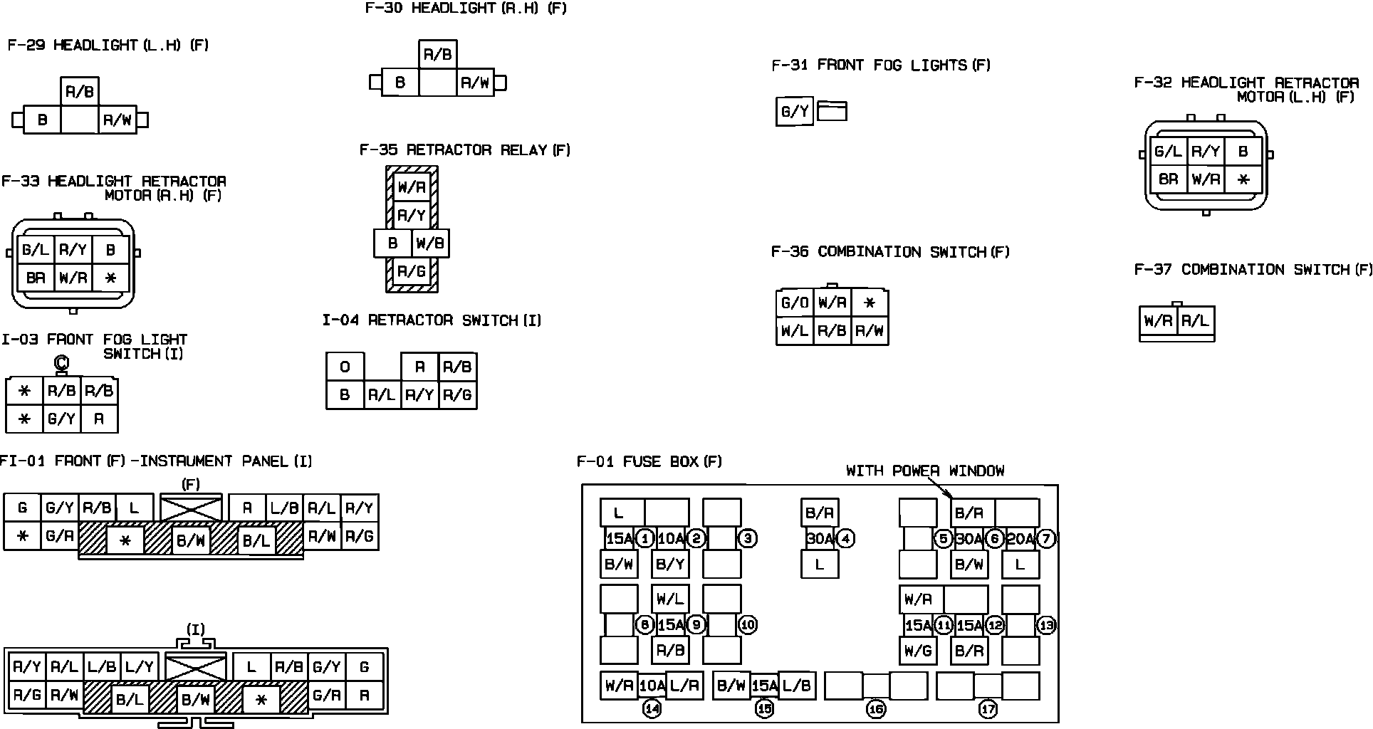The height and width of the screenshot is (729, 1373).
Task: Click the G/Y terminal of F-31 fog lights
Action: point(794,112)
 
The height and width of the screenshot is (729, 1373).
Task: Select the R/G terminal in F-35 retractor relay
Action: point(411,271)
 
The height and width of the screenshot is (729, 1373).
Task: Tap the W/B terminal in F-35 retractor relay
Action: point(430,243)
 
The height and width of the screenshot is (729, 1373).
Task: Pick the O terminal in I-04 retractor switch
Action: point(345,367)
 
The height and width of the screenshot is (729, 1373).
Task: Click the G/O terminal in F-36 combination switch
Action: point(794,303)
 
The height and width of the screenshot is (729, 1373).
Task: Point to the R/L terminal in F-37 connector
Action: point(1195,321)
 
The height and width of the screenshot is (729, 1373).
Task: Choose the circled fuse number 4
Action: point(845,539)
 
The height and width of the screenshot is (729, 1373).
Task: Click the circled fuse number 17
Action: point(988,709)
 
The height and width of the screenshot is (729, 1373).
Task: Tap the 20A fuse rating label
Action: point(1020,539)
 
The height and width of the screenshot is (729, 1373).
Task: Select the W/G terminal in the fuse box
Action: point(917,651)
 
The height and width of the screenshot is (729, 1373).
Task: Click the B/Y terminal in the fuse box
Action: point(669,565)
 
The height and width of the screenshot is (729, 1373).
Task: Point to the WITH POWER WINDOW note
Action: point(925,471)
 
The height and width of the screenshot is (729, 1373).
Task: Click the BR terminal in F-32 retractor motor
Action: point(1168,179)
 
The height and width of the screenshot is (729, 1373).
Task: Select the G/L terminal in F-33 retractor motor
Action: point(35,250)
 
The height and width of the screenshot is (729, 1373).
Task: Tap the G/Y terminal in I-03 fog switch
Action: point(61,419)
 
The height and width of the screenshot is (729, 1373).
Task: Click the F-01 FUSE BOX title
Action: point(649,461)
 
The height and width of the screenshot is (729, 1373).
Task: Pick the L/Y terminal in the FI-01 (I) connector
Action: point(139,667)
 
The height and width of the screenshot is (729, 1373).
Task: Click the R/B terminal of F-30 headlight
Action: point(437,55)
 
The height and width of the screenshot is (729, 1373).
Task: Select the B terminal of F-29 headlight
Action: point(42,120)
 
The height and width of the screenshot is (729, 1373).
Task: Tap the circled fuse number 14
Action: point(652,708)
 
